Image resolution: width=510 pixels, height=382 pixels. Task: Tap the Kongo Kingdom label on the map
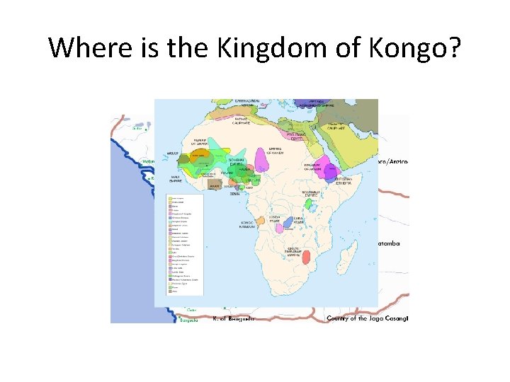pyautogui.click(x=246, y=224)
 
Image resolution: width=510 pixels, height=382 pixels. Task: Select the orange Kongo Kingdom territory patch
pyautogui.click(x=261, y=221)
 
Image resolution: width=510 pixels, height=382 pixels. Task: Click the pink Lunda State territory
pyautogui.click(x=279, y=227)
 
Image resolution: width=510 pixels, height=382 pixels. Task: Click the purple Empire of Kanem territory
pyautogui.click(x=262, y=160)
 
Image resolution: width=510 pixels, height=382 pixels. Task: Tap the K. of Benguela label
pyautogui.click(x=233, y=318)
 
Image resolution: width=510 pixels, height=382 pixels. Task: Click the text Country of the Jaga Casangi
pyautogui.click(x=367, y=318)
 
